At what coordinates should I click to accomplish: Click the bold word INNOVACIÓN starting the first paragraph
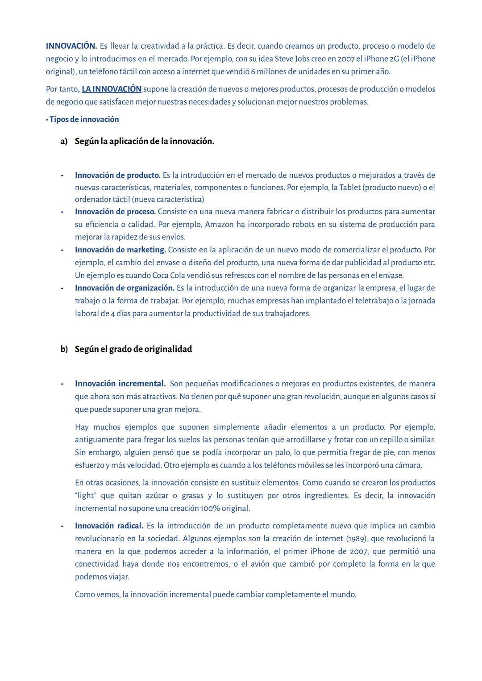click(71, 46)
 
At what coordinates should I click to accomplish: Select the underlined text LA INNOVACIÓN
click(112, 89)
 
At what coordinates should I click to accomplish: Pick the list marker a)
click(64, 142)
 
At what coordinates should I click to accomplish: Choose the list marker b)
click(64, 349)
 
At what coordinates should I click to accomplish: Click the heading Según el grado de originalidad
click(133, 349)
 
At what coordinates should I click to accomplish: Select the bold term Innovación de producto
click(117, 175)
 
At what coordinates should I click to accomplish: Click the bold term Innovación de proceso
click(115, 212)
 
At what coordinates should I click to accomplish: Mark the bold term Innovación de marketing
click(120, 250)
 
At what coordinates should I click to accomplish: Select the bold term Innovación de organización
click(125, 288)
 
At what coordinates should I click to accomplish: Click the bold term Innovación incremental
click(120, 384)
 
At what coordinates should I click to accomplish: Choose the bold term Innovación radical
click(109, 526)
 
